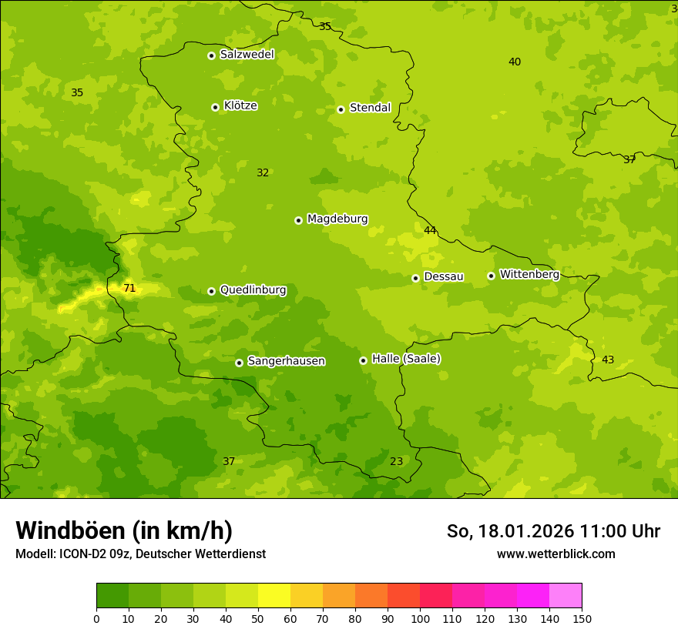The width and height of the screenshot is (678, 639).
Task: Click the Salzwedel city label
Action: coord(247,55)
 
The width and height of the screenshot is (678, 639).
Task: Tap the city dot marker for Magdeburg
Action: coord(298,220)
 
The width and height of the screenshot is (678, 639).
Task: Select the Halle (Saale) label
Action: coord(406,359)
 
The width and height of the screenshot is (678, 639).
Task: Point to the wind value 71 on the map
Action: coord(129,289)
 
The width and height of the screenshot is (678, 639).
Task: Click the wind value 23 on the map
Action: coord(396,462)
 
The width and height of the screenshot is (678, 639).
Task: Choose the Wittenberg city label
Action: coord(529,275)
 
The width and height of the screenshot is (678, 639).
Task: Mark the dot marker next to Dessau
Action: coord(415,278)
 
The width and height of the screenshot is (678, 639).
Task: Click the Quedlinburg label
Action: coord(253,290)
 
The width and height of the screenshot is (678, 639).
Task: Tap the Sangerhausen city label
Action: coord(286,361)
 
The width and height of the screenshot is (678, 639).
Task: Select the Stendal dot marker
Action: coord(341,109)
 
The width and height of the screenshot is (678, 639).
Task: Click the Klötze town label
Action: coord(240,105)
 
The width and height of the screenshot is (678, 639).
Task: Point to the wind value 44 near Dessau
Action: coord(430,230)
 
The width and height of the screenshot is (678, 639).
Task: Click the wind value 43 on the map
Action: coord(608,360)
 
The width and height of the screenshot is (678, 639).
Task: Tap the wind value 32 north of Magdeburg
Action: coord(263,173)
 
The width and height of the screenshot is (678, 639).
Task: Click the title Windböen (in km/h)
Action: coord(124,530)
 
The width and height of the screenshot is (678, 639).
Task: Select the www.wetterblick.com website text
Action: coord(555,554)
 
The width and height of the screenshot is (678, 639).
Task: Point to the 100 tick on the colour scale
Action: coord(420,617)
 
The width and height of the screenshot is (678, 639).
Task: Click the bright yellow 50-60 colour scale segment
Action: coord(274,596)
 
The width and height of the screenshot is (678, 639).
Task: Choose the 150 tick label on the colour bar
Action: coord(582,617)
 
